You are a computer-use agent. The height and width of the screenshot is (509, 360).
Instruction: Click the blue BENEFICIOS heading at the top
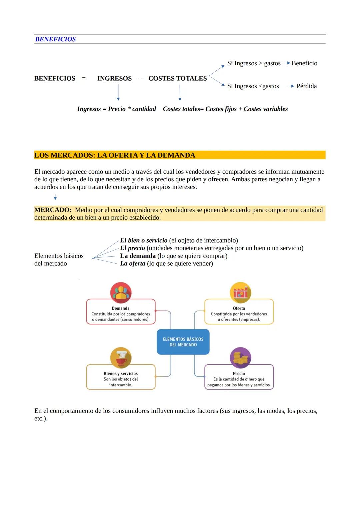pyautogui.click(x=55, y=39)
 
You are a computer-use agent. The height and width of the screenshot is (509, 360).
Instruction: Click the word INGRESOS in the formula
pyautogui.click(x=114, y=78)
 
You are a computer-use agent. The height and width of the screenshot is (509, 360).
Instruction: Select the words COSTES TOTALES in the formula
pyautogui.click(x=177, y=78)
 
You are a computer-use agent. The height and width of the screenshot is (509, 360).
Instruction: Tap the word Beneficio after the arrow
pyautogui.click(x=304, y=63)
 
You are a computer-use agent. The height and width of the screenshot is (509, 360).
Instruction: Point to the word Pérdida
pyautogui.click(x=306, y=86)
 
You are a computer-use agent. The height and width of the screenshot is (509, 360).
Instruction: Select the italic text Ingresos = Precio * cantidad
pyautogui.click(x=116, y=109)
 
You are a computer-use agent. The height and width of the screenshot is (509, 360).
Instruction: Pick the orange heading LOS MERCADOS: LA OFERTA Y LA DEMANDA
pyautogui.click(x=115, y=155)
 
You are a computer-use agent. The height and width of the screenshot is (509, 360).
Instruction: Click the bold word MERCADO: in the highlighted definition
pyautogui.click(x=53, y=210)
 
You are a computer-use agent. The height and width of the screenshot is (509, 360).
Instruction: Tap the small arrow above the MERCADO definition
pyautogui.click(x=55, y=198)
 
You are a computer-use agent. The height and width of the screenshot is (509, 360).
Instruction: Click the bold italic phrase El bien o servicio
pyautogui.click(x=144, y=240)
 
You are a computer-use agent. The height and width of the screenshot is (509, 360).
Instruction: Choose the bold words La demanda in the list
pyautogui.click(x=138, y=256)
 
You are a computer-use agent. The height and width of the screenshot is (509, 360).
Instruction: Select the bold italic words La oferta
pyautogui.click(x=133, y=264)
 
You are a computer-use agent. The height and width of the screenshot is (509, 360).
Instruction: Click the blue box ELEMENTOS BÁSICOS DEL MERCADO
pyautogui.click(x=183, y=342)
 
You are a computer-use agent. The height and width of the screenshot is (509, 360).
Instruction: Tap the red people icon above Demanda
pyautogui.click(x=121, y=292)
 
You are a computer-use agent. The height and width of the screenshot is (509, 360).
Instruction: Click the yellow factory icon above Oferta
pyautogui.click(x=240, y=293)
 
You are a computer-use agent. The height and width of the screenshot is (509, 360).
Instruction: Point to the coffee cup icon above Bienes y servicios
pyautogui.click(x=121, y=358)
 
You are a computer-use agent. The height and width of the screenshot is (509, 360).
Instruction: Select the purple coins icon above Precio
pyautogui.click(x=240, y=358)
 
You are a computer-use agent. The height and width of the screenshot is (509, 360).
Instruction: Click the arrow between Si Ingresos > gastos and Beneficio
pyautogui.click(x=287, y=63)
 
